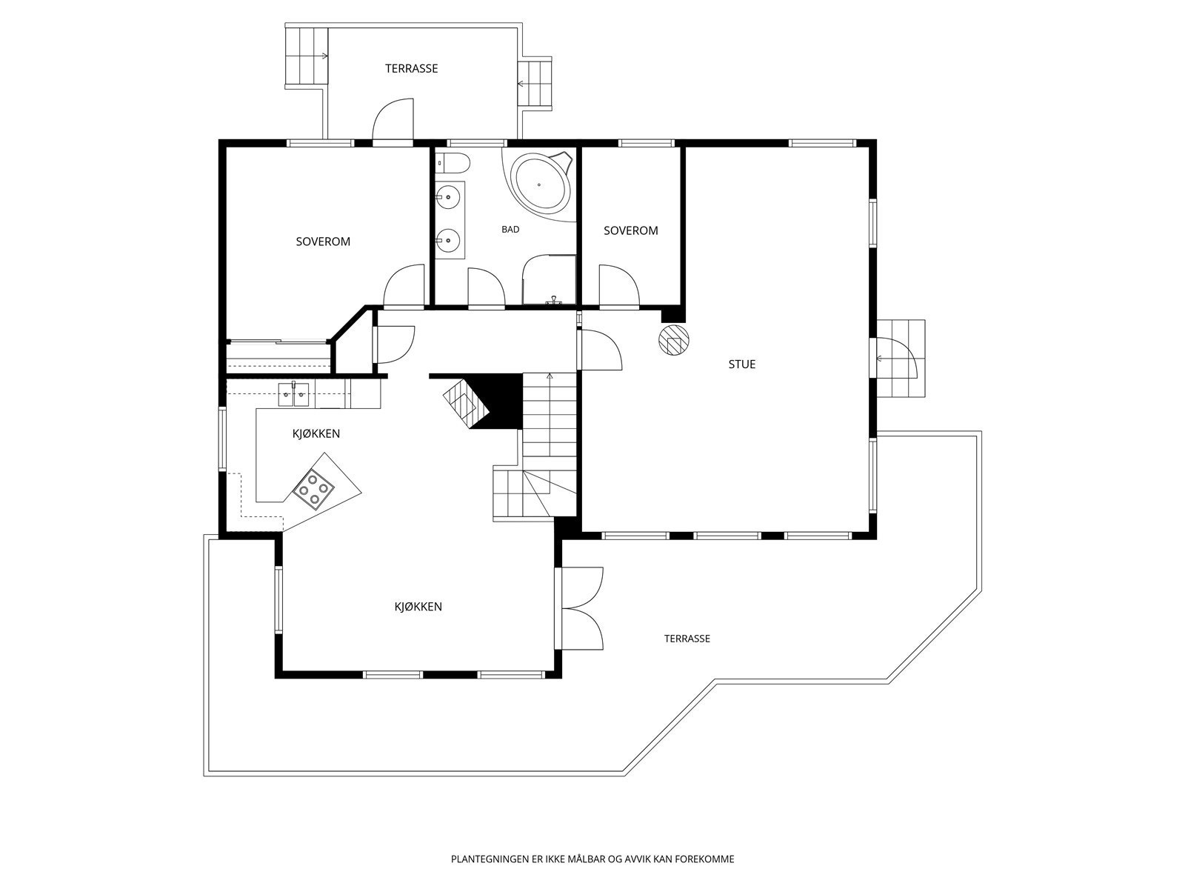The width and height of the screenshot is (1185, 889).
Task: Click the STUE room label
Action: (x=742, y=364)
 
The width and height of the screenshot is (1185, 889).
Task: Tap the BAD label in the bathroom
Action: (x=510, y=230)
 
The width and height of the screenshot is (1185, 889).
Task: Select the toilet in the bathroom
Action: (x=453, y=162)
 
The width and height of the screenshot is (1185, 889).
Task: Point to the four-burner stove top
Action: (x=313, y=489)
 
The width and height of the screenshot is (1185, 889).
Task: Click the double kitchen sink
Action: (x=294, y=394)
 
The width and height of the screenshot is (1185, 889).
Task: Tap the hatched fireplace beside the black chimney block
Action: (x=466, y=402)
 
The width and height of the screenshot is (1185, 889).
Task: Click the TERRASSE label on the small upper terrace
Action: (x=411, y=69)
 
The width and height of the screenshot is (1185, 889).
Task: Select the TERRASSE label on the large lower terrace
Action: (x=687, y=639)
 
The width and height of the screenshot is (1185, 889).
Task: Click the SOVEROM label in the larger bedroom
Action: (x=323, y=242)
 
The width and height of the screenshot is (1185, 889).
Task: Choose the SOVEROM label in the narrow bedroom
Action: (x=630, y=231)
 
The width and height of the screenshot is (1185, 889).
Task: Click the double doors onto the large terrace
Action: (x=582, y=608)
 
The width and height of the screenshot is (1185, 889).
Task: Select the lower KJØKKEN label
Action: (x=418, y=607)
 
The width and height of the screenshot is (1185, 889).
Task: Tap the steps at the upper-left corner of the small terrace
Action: (x=306, y=56)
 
